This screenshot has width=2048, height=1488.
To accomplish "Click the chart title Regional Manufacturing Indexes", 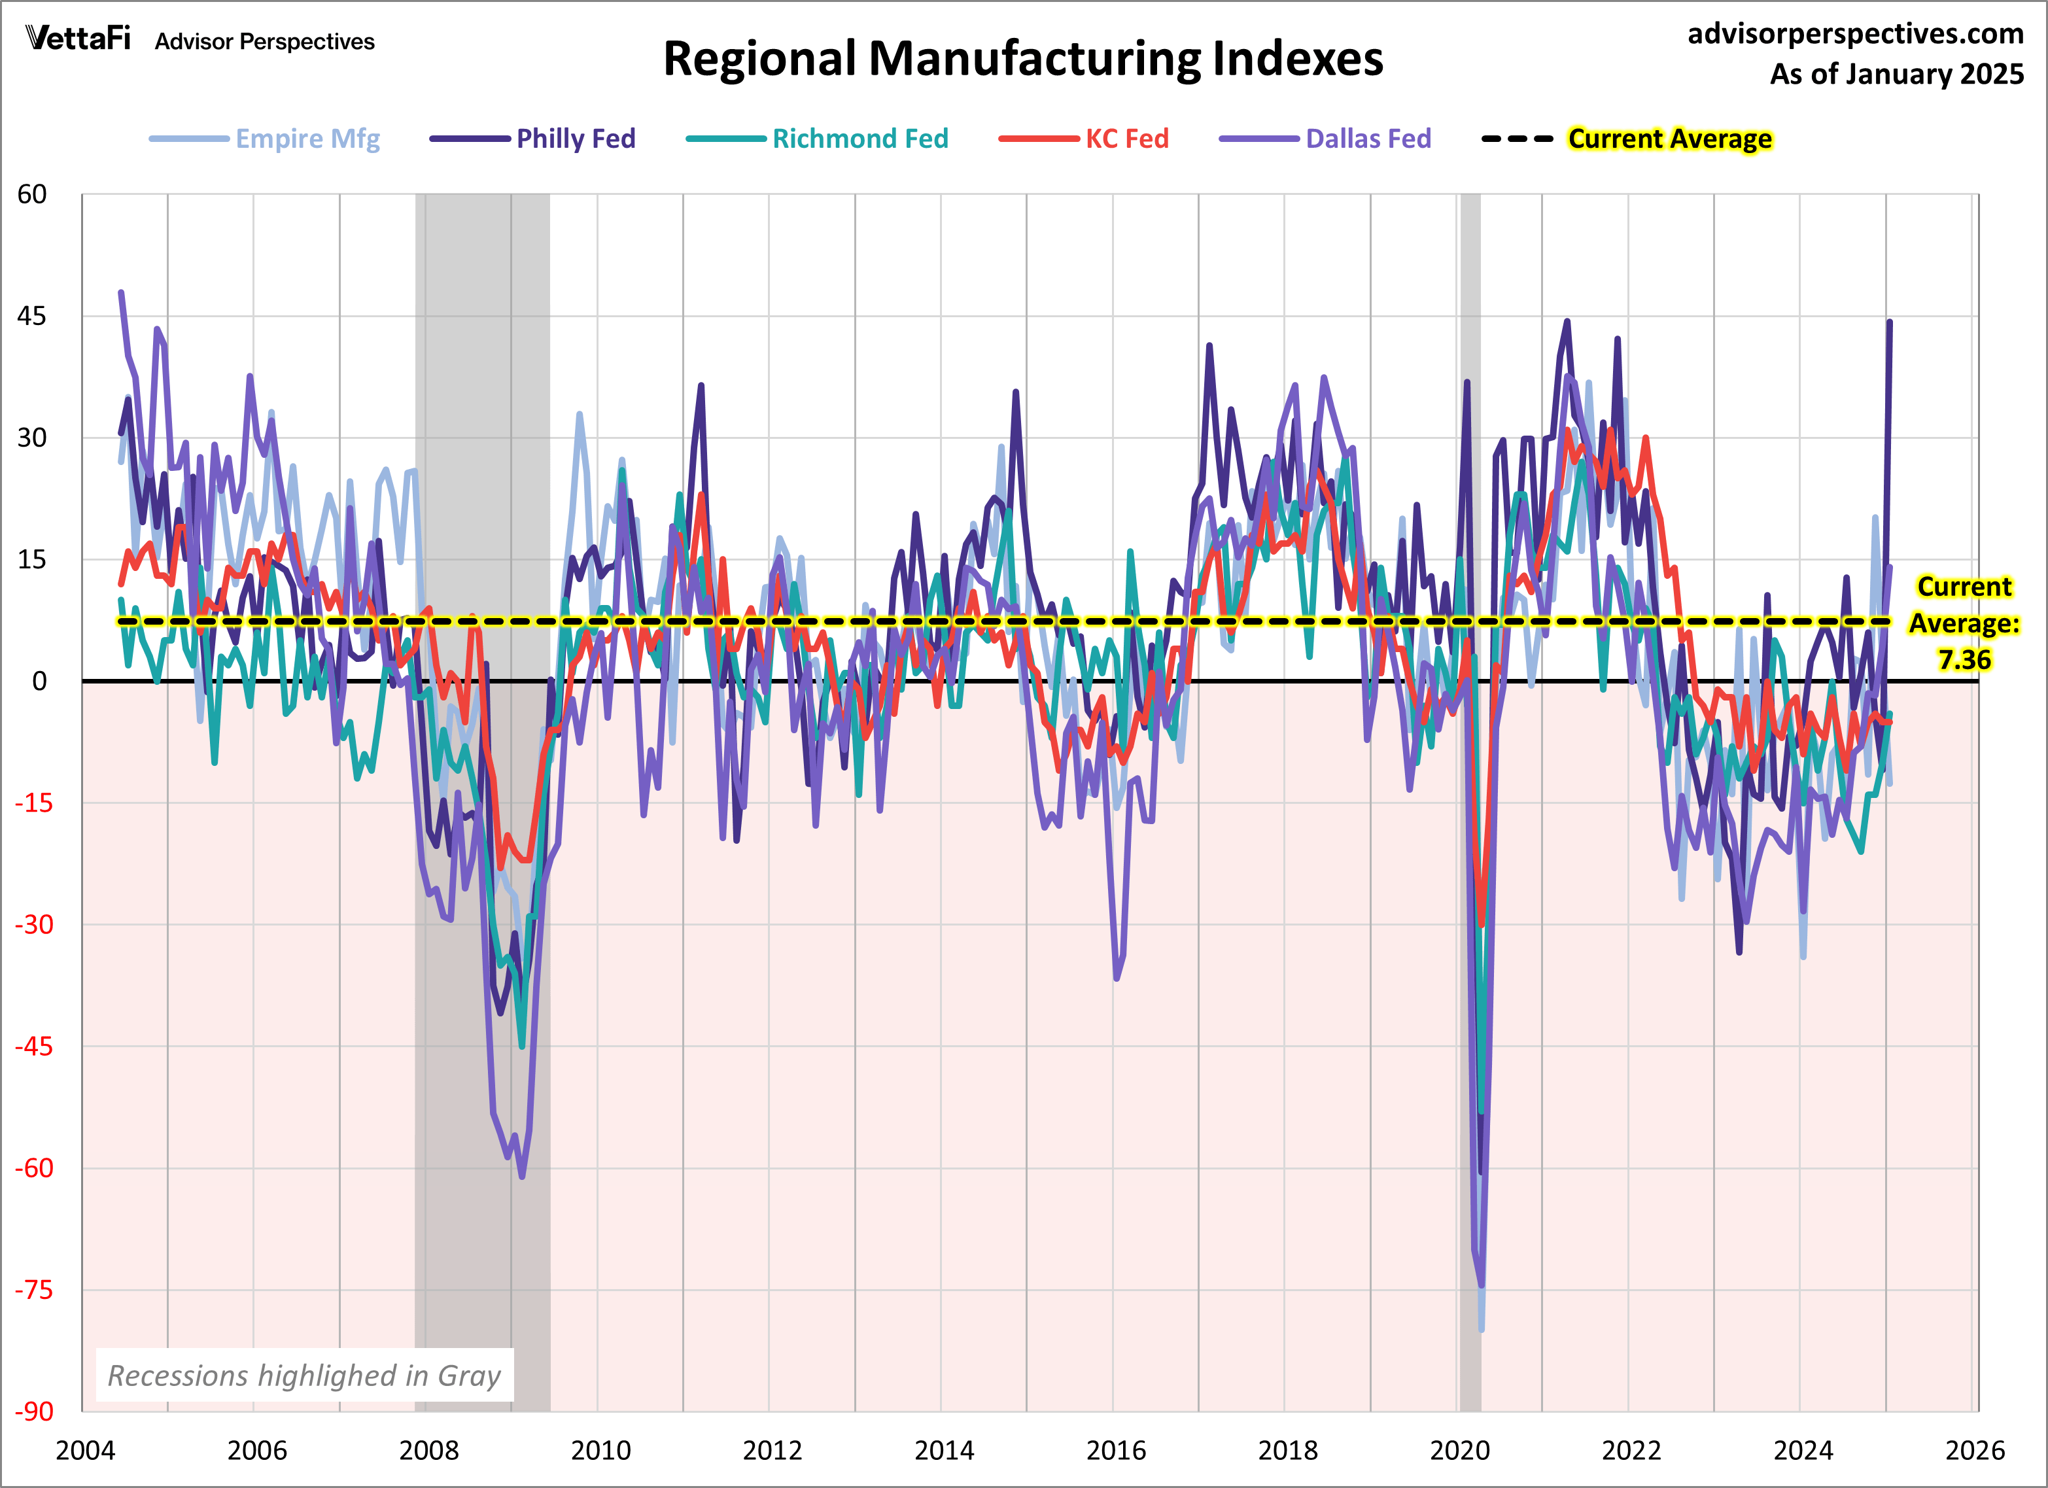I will click(x=1022, y=59).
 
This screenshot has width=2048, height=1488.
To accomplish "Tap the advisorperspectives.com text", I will click(x=1855, y=33).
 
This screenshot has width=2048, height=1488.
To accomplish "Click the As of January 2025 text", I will click(x=1896, y=74).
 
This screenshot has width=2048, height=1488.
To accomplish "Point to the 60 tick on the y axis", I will click(x=33, y=194).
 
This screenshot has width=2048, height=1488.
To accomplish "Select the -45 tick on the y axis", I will click(x=33, y=1047).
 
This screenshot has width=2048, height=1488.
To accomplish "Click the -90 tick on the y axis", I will click(x=33, y=1411).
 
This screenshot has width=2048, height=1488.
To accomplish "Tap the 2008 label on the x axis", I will click(x=429, y=1450).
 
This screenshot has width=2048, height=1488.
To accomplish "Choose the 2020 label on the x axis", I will click(x=1459, y=1450).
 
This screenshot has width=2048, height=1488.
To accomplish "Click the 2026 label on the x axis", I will click(x=1974, y=1450).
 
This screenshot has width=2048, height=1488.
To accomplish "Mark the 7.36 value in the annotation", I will click(x=1964, y=660).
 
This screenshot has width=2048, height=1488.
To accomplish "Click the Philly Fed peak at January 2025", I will click(x=1889, y=322).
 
